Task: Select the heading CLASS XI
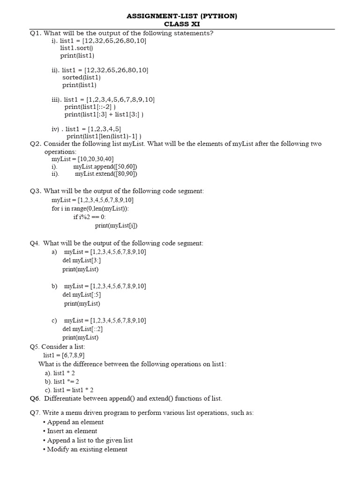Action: pyautogui.click(x=182, y=24)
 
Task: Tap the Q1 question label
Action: pyautogui.click(x=36, y=33)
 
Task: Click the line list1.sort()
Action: pyautogui.click(x=76, y=48)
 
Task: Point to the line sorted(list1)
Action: pyautogui.click(x=81, y=77)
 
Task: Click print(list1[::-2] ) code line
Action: pyautogui.click(x=90, y=107)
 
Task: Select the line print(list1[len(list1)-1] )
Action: pyautogui.click(x=104, y=136)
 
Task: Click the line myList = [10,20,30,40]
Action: pyautogui.click(x=82, y=159)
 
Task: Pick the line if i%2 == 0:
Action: pyautogui.click(x=90, y=217)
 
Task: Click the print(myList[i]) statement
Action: pyautogui.click(x=116, y=225)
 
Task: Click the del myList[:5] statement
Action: pyautogui.click(x=82, y=295)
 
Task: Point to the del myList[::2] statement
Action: pyautogui.click(x=82, y=329)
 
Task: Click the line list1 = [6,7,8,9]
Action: pyautogui.click(x=64, y=355)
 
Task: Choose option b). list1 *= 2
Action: pyautogui.click(x=62, y=381)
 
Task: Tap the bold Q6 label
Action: pyautogui.click(x=36, y=398)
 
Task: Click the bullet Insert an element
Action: pyautogui.click(x=72, y=431)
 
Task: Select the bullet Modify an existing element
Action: pyautogui.click(x=87, y=449)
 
